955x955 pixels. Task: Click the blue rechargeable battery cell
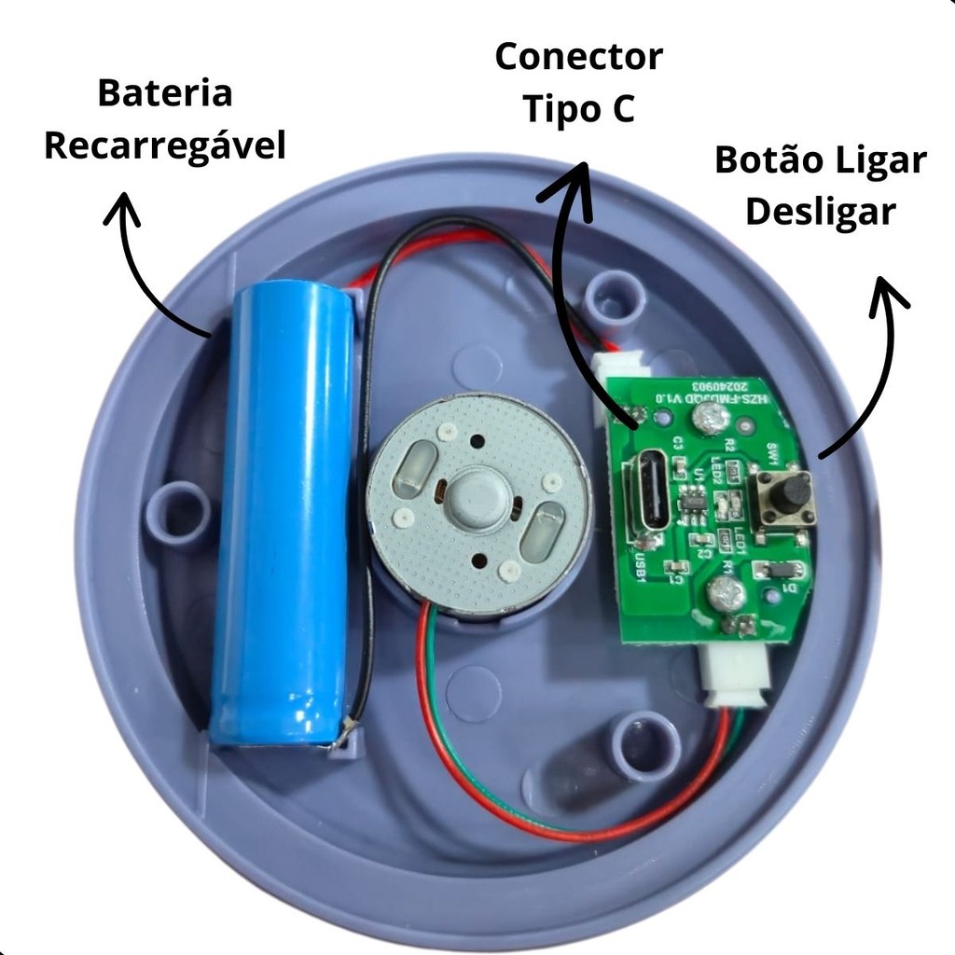point(283,513)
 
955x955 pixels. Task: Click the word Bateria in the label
point(164,94)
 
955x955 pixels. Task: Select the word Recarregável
point(164,147)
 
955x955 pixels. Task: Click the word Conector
point(578,56)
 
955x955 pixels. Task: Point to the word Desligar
point(821,213)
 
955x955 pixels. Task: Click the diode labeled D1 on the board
point(786,569)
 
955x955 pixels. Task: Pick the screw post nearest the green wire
point(644,744)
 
